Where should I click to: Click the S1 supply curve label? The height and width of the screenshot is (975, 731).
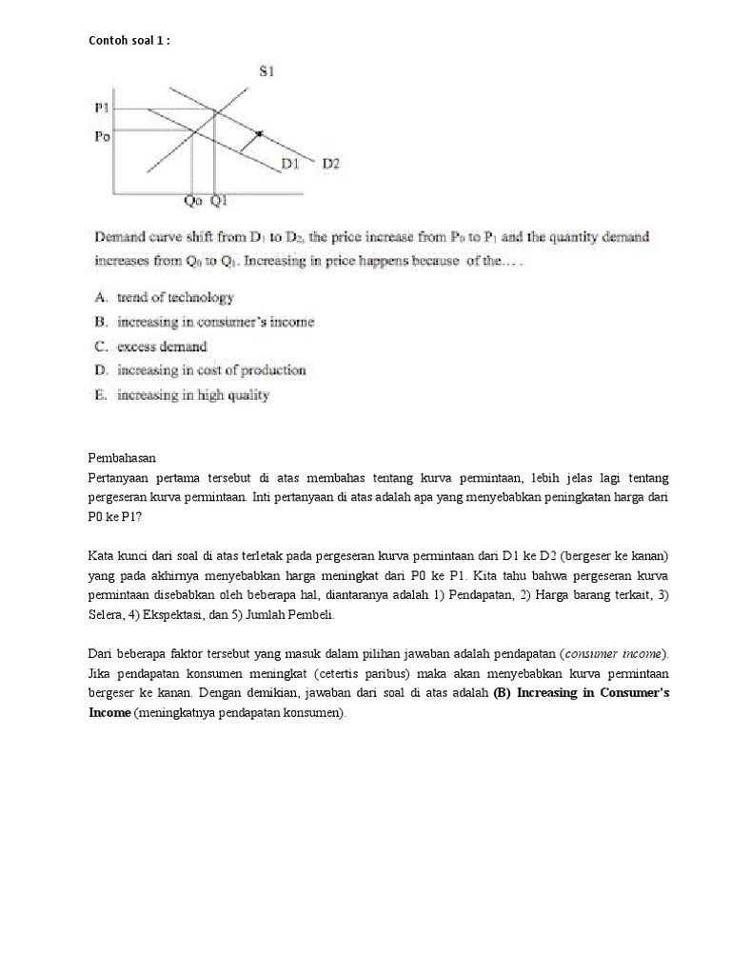coord(267,71)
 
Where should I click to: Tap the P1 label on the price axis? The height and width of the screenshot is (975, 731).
coord(103,109)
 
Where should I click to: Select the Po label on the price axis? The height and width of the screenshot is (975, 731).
coord(103,136)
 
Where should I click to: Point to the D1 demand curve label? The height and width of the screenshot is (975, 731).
coord(290,164)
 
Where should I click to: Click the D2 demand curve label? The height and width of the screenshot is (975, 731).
coord(330,164)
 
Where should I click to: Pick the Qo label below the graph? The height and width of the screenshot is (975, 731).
coord(193,201)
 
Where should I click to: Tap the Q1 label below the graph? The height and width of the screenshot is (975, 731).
coord(218,201)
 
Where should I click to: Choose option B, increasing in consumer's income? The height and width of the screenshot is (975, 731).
coord(214,322)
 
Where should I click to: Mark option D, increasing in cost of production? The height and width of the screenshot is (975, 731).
coord(210,370)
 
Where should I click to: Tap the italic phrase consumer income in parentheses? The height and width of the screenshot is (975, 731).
coord(614,653)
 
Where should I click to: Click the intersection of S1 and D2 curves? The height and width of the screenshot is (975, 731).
coord(215,111)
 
